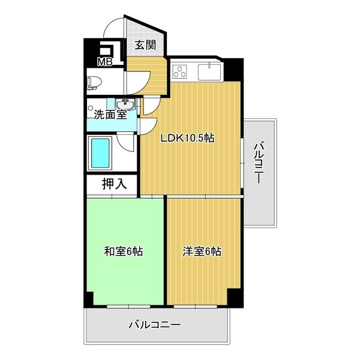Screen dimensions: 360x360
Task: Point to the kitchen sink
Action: point(209,71)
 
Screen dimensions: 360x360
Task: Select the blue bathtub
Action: point(100,152)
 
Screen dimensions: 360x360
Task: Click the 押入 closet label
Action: point(113,184)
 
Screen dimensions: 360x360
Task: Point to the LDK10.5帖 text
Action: point(187,138)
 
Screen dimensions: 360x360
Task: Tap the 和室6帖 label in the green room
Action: point(123,252)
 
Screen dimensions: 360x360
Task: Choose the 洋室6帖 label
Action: point(202,252)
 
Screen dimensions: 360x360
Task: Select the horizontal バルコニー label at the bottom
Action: point(155,325)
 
